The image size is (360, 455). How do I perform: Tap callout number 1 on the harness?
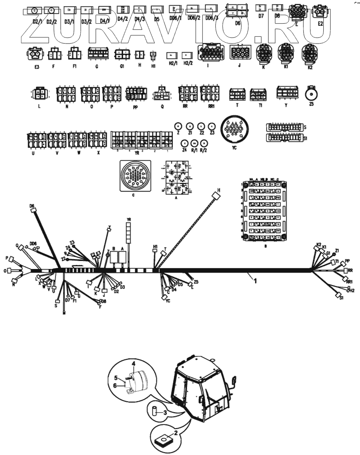255,280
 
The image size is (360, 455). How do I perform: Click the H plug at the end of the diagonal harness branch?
215,195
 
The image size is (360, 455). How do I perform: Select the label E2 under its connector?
320,24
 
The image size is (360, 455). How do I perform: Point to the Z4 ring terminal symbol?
184,143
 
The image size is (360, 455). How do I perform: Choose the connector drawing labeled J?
240,53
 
